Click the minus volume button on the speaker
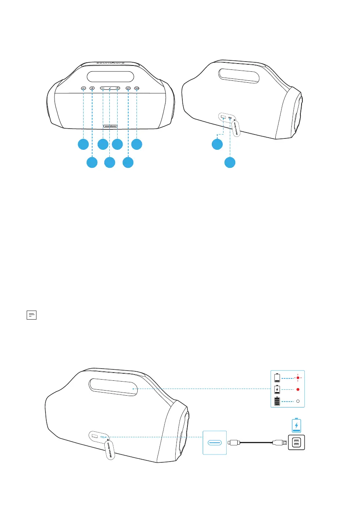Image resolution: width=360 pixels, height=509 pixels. click(x=103, y=89)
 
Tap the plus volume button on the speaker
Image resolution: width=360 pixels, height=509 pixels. click(x=117, y=89)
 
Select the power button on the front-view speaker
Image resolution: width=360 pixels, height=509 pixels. click(x=128, y=89)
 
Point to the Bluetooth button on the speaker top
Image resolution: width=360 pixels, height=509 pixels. click(x=92, y=89)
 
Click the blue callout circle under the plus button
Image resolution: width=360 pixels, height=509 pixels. click(x=117, y=144)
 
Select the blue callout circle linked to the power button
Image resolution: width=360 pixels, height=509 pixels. click(x=128, y=162)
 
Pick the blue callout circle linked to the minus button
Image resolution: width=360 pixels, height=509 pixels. click(x=103, y=144)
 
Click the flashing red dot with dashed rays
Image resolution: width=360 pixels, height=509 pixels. click(x=298, y=378)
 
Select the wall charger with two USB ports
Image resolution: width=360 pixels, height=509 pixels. click(x=296, y=443)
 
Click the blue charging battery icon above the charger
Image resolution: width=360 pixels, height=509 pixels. click(x=296, y=425)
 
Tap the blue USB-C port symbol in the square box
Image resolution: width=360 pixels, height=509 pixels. click(x=215, y=443)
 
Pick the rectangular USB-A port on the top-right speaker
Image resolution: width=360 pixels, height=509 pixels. click(x=223, y=117)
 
